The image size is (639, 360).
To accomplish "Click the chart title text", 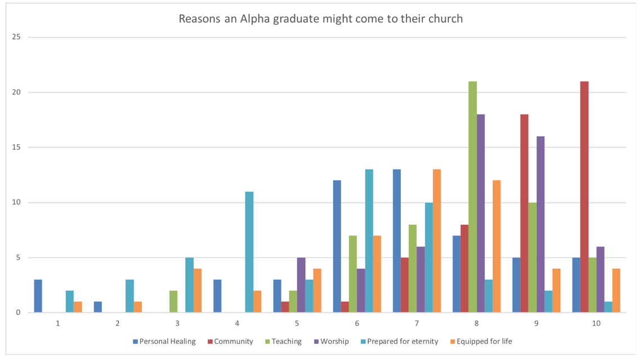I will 320,19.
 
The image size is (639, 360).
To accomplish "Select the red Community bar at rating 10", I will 584,197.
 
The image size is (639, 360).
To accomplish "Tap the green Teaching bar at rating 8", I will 472,197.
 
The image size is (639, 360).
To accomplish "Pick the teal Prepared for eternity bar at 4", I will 249,252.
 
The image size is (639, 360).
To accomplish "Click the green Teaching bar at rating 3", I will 173,301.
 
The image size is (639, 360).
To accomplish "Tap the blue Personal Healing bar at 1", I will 38,296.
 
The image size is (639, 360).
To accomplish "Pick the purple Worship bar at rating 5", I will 301,285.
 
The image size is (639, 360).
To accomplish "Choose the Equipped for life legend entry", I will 484,341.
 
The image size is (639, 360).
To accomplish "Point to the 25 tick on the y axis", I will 16,37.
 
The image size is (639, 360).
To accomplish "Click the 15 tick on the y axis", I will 16,148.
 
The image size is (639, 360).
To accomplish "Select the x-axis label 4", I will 237,323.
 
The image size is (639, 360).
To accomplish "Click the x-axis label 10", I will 596,323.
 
